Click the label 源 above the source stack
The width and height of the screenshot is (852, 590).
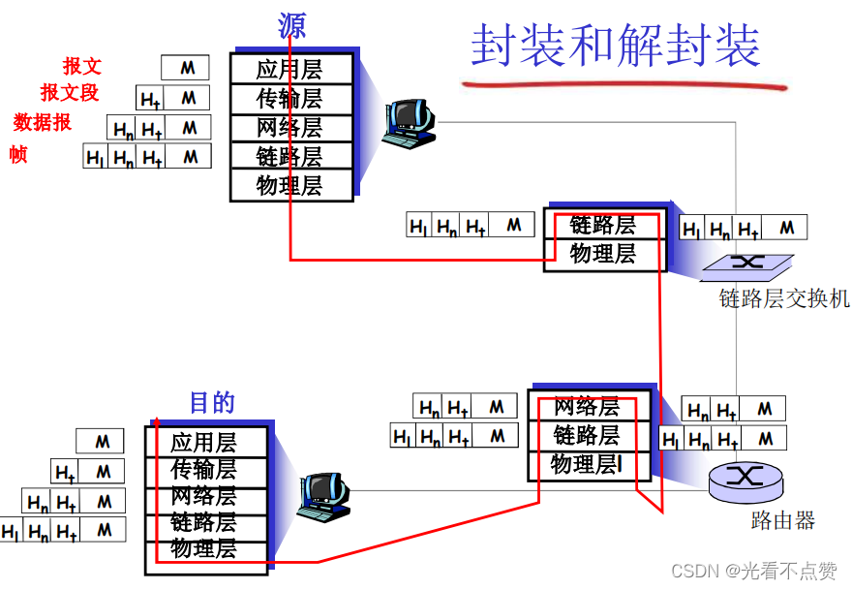tap(290, 26)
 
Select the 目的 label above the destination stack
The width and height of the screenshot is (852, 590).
tap(211, 402)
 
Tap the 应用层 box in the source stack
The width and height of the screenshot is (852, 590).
tap(289, 69)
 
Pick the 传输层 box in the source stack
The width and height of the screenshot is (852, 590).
tap(289, 98)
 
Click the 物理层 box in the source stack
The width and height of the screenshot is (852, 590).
tap(289, 185)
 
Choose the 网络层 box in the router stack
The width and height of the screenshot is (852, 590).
tap(587, 406)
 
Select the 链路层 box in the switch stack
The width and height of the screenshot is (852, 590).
tap(603, 225)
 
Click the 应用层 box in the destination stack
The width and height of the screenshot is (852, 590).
tap(204, 443)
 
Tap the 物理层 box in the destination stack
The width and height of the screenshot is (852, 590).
tap(204, 548)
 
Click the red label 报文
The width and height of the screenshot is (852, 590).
tap(82, 66)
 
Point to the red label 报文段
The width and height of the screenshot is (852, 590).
tap(70, 93)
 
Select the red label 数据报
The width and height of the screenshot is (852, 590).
tap(43, 122)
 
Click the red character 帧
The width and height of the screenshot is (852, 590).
tap(18, 154)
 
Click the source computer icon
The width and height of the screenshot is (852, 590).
tap(407, 122)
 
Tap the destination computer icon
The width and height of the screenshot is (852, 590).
tap(323, 497)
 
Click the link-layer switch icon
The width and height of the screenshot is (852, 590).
tap(746, 264)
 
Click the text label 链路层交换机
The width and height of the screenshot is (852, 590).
tap(783, 298)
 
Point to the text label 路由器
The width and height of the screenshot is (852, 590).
tap(782, 520)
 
